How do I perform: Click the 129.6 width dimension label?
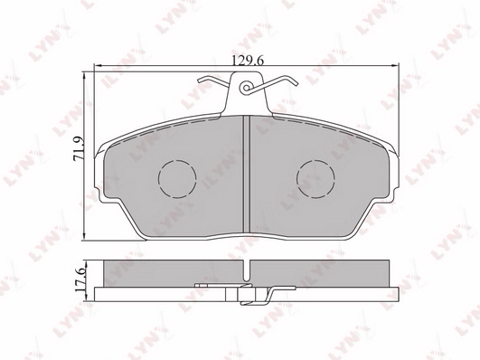pos(248,61)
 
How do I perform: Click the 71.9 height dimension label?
pos(80,148)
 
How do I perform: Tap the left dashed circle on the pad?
pos(177,178)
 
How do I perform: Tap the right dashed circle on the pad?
pos(315,178)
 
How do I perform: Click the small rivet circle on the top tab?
pos(246,88)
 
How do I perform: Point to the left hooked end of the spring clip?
pos(202,80)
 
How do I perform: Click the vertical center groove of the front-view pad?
pos(247,174)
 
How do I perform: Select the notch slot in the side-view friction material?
pos(247,270)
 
